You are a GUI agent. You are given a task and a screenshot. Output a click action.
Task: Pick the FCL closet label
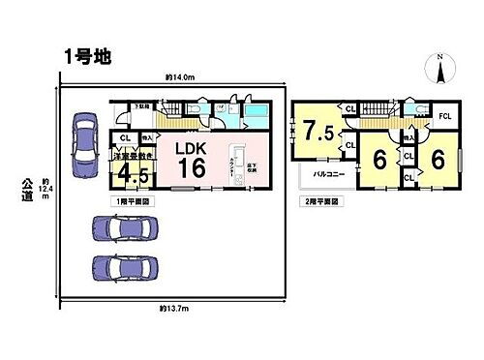[445, 116]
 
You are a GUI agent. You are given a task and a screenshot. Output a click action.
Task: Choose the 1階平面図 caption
[131, 199]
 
